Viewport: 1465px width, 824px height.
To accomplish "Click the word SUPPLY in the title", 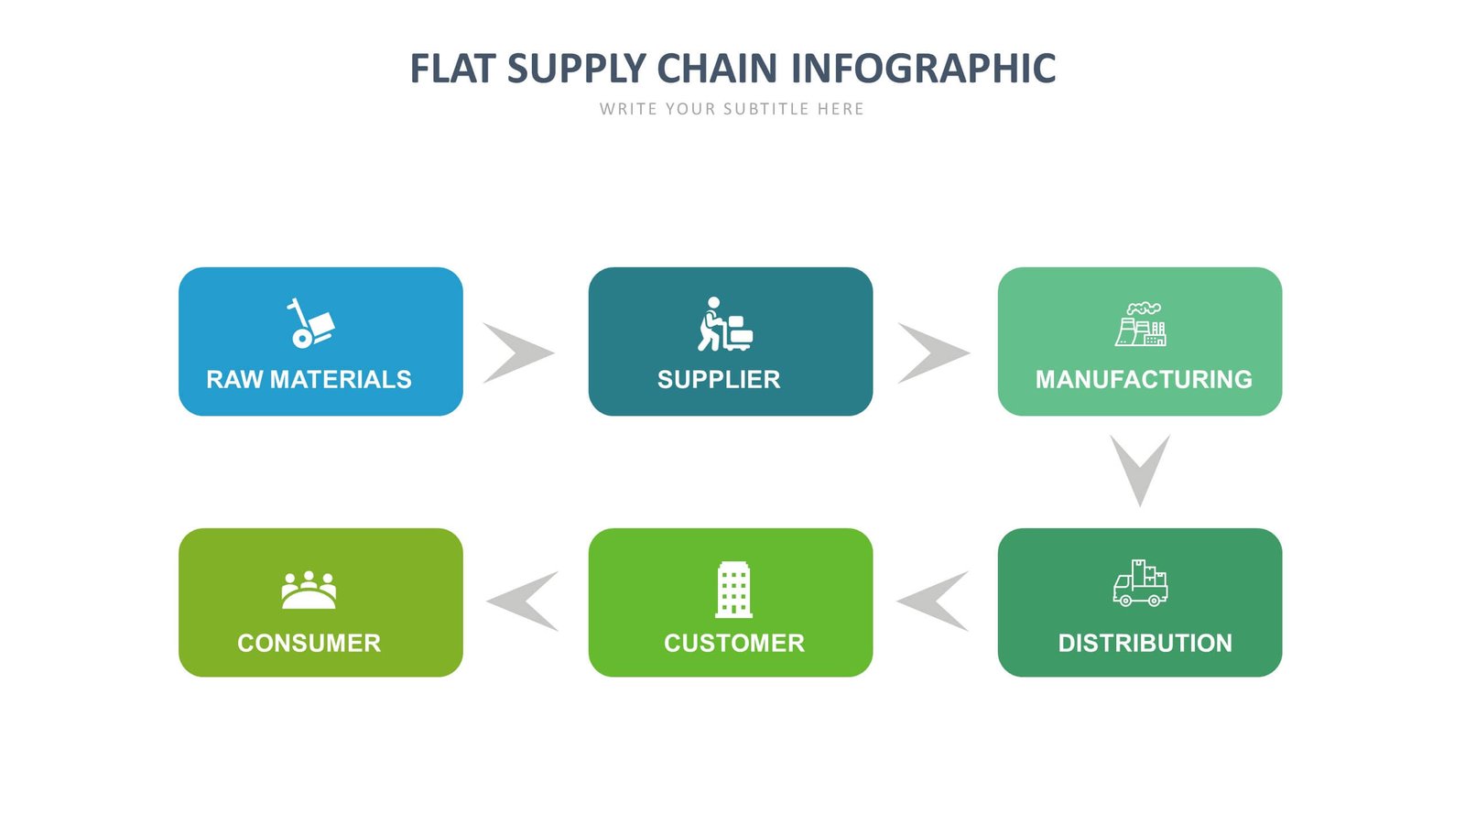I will (x=577, y=69).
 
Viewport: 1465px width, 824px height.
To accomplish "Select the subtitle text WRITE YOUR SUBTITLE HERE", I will (x=732, y=109).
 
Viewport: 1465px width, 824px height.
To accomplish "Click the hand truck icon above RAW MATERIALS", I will (x=310, y=323).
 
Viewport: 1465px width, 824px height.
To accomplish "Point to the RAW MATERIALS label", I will (x=309, y=379).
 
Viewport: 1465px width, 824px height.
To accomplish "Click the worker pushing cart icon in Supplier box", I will (x=724, y=324).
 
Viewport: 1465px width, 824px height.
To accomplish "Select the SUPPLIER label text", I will (x=719, y=379).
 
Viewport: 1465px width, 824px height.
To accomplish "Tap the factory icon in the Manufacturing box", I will (x=1140, y=324).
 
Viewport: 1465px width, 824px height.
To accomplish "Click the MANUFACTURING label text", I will (x=1144, y=379).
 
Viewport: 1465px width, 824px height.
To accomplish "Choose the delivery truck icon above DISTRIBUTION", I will (x=1140, y=583).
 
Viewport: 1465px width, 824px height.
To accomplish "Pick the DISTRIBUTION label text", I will (x=1145, y=643).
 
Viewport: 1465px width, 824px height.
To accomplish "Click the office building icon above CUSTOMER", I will (x=733, y=589).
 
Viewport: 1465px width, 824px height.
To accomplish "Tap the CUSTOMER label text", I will (x=734, y=643).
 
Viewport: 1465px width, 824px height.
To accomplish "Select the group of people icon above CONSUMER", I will (x=309, y=591).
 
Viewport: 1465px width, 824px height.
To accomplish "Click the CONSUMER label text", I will (x=309, y=643).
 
